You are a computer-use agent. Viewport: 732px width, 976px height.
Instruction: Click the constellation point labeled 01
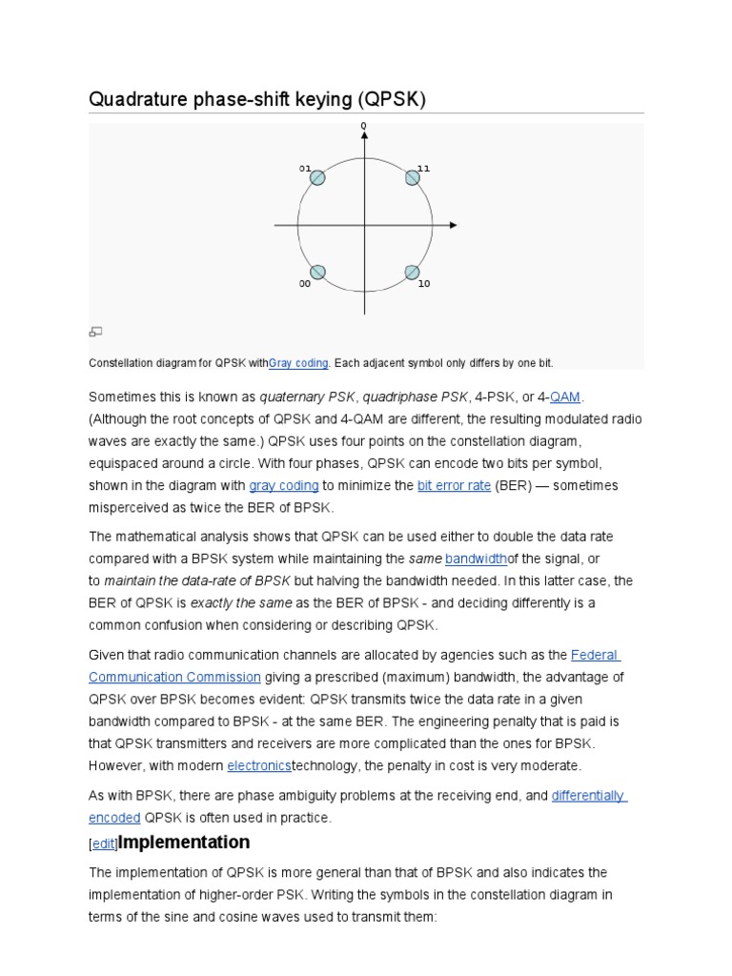[317, 178]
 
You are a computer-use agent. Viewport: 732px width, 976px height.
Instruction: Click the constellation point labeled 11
[413, 178]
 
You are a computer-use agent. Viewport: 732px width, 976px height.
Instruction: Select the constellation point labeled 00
[317, 273]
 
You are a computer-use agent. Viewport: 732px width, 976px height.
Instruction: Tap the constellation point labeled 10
[412, 273]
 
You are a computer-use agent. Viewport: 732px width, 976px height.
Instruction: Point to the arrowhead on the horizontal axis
[453, 225]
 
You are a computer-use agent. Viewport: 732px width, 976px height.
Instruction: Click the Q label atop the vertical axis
[363, 126]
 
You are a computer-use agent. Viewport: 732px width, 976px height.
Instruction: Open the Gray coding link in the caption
[298, 363]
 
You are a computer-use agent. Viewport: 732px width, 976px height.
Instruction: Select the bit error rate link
[454, 485]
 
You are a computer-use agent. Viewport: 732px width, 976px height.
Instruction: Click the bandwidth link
[476, 558]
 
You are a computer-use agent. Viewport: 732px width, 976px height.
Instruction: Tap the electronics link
[259, 766]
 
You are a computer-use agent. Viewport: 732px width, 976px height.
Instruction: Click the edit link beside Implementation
[103, 844]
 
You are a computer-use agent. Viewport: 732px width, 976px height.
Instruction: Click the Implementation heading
[183, 843]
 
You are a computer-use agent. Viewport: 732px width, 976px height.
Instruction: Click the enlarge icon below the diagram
[95, 332]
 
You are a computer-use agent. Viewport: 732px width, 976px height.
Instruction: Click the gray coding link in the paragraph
[283, 485]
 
